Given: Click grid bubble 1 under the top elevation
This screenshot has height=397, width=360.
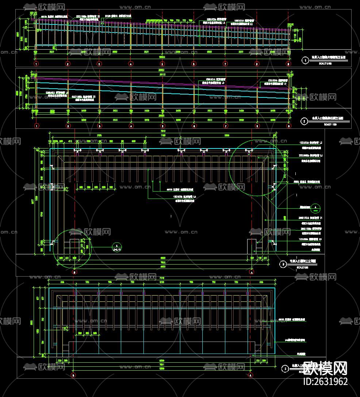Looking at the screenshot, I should [x=36, y=64].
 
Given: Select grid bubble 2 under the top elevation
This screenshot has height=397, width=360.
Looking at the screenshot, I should [x=68, y=64].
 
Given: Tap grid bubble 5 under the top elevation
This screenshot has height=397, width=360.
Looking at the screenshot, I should [x=162, y=64].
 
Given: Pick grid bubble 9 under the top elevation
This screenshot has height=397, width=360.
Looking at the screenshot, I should [x=288, y=64].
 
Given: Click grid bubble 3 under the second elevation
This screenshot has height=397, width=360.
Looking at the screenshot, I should [x=99, y=126].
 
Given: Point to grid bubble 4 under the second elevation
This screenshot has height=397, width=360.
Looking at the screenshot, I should [x=131, y=126].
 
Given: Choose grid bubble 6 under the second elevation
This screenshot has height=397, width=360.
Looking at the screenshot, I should [x=194, y=126].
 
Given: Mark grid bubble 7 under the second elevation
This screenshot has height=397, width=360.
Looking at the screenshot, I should [x=225, y=126].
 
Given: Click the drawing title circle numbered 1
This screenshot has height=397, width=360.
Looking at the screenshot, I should [x=305, y=61].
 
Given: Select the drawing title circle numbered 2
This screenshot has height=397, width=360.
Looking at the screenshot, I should [x=304, y=120].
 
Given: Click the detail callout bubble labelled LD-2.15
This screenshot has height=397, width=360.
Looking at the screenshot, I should [x=116, y=247].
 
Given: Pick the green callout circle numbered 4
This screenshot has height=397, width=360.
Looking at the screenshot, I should [x=316, y=208].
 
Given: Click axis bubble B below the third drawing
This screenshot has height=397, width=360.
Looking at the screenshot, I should [x=74, y=272].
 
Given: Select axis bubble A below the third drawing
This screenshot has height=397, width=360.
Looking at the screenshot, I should [x=251, y=272].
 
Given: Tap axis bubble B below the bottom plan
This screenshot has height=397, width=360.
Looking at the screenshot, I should [x=74, y=375].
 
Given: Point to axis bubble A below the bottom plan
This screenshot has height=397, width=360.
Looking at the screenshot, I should [x=250, y=375].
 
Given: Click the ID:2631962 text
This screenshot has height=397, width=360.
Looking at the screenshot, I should [x=326, y=382].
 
